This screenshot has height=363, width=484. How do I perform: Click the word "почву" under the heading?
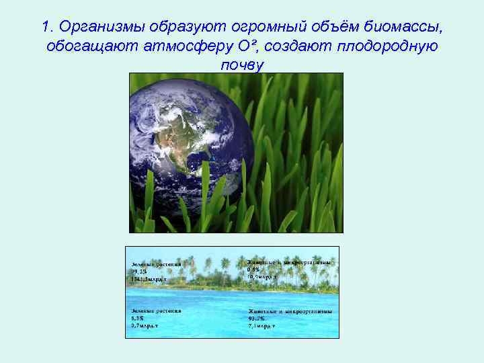[x=242, y=65]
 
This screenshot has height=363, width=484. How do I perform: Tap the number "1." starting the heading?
[x=47, y=27]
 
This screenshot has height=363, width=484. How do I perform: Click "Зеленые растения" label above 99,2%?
[x=157, y=264]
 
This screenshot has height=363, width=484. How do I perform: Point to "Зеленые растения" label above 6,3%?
[x=157, y=311]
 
